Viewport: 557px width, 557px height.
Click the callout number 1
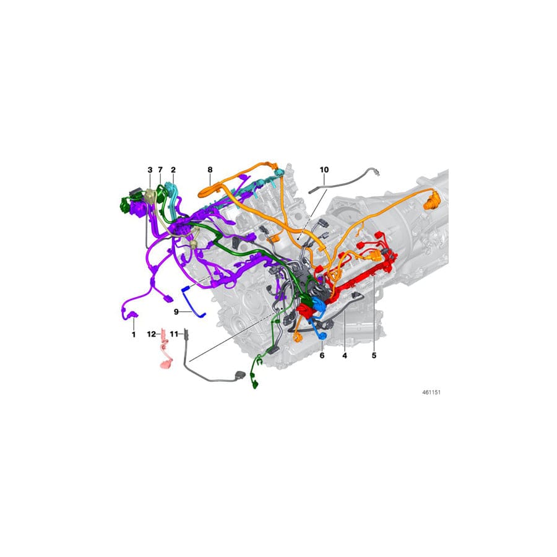click(x=132, y=334)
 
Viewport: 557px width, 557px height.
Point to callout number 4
click(x=345, y=356)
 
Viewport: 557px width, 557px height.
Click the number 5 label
click(x=374, y=356)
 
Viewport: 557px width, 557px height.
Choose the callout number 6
click(x=322, y=356)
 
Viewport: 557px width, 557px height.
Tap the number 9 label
click(x=176, y=311)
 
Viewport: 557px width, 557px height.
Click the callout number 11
click(x=174, y=334)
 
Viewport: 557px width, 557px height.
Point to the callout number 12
click(x=151, y=334)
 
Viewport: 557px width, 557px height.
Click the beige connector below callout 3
click(x=149, y=197)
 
